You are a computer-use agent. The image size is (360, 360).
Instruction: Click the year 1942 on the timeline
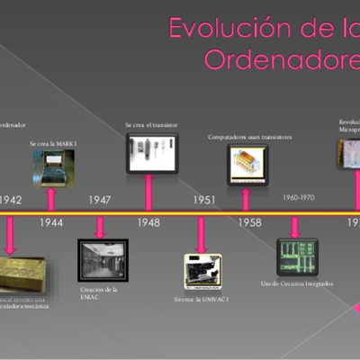click(x=12, y=200)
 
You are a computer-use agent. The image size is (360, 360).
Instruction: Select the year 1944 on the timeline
click(x=51, y=222)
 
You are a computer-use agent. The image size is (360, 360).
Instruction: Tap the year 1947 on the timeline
click(x=100, y=200)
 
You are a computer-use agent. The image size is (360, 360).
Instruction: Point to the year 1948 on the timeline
click(x=149, y=222)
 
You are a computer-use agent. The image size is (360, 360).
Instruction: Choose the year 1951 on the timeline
click(x=203, y=200)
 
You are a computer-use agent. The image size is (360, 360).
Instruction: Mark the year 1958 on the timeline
click(x=250, y=222)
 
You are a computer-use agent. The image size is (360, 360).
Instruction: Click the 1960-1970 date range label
click(x=299, y=196)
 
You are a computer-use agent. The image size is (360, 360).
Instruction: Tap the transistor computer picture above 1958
click(x=247, y=165)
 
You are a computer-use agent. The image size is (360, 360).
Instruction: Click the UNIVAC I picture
click(x=203, y=271)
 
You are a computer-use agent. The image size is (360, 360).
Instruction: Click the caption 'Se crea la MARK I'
click(x=51, y=143)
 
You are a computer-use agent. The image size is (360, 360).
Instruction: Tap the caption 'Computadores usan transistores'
click(x=250, y=138)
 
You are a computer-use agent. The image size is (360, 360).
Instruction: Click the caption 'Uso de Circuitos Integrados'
click(x=297, y=283)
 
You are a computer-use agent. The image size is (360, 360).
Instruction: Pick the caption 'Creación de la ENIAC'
click(x=100, y=293)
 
